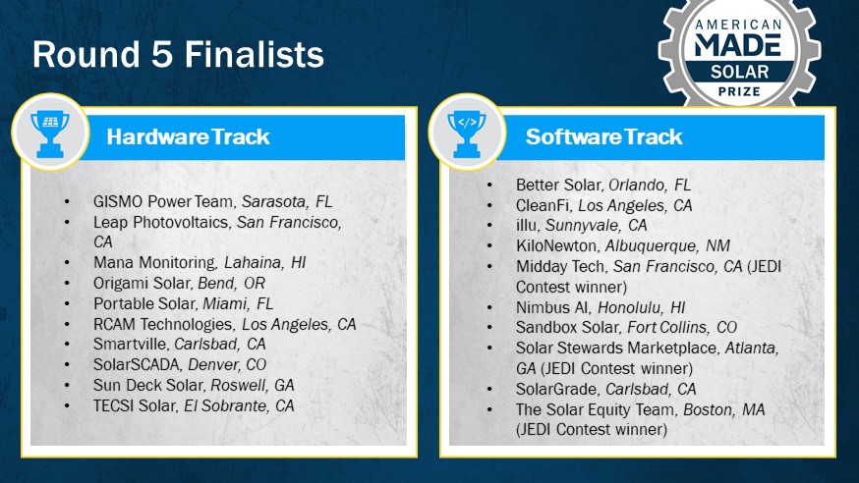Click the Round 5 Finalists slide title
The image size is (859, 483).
click(178, 54)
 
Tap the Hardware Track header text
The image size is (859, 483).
click(188, 136)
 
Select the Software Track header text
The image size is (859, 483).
click(603, 136)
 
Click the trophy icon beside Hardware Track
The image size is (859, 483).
click(50, 132)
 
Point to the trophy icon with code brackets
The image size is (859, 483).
click(467, 132)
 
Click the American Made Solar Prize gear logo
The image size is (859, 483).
click(739, 53)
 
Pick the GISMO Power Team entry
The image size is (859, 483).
click(212, 202)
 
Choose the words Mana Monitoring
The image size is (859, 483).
click(156, 262)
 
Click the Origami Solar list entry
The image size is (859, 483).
click(179, 284)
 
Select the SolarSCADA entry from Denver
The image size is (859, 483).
click(180, 364)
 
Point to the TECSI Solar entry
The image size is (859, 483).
click(194, 405)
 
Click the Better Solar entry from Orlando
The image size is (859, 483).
click(603, 185)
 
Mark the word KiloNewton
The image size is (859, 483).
click(557, 245)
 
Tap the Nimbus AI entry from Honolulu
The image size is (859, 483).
click(601, 307)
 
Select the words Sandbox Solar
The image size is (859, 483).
click(567, 327)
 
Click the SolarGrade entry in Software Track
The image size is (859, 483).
click(605, 389)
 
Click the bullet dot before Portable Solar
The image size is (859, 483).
click(67, 303)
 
